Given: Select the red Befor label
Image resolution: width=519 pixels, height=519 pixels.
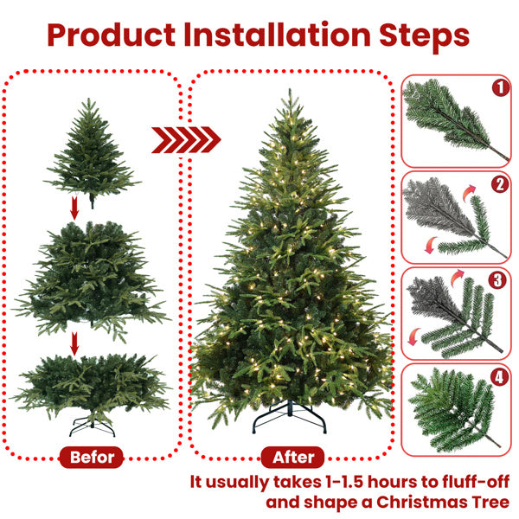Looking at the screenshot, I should pyautogui.click(x=93, y=456).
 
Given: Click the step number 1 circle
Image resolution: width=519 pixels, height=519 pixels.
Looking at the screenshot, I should pyautogui.click(x=498, y=86).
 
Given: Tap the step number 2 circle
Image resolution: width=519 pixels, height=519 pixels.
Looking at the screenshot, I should pyautogui.click(x=498, y=183).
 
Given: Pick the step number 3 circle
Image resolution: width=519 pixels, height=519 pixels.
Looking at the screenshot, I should pyautogui.click(x=498, y=280).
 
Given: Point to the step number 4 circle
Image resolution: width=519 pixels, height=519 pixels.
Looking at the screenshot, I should pyautogui.click(x=498, y=377).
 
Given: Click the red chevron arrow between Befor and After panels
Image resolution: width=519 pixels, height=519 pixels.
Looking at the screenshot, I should pyautogui.click(x=186, y=139).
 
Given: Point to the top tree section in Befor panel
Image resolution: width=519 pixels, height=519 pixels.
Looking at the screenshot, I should pyautogui.click(x=91, y=151).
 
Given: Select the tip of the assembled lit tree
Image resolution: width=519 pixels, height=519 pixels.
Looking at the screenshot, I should pyautogui.click(x=290, y=93).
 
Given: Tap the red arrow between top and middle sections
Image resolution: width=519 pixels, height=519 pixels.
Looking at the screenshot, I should pyautogui.click(x=74, y=208).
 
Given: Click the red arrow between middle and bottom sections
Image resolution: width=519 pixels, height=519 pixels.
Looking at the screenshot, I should pyautogui.click(x=74, y=343).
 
